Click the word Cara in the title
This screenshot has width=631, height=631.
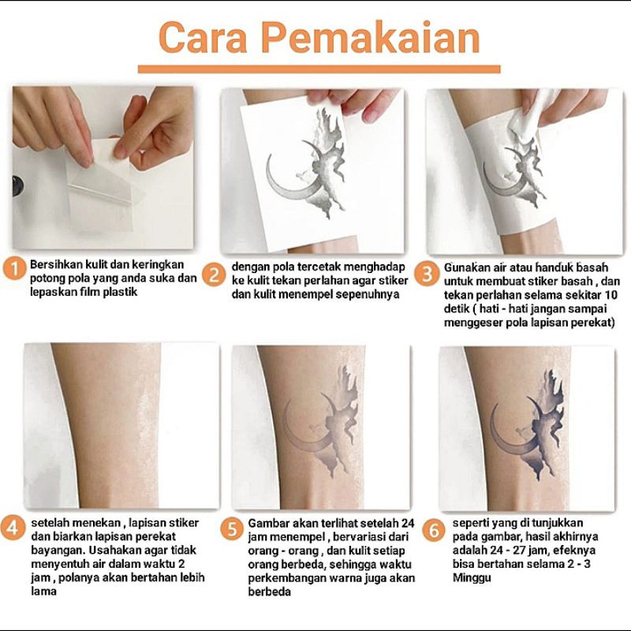pos(203,38)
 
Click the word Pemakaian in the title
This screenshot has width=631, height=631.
pos(371,38)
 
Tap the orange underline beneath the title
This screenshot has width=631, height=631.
pos(319,69)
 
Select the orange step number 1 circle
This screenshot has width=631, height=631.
pos(14,269)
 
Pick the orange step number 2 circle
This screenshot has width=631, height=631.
pos(214,274)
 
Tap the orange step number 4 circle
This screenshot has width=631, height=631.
pos(12,528)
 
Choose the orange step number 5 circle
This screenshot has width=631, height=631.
pos(232,528)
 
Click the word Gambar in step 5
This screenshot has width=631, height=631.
pos(269,523)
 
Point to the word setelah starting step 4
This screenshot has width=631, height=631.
pos(50,523)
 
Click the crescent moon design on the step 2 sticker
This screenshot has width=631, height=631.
pos(289,177)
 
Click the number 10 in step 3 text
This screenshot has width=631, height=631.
pos(610,295)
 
